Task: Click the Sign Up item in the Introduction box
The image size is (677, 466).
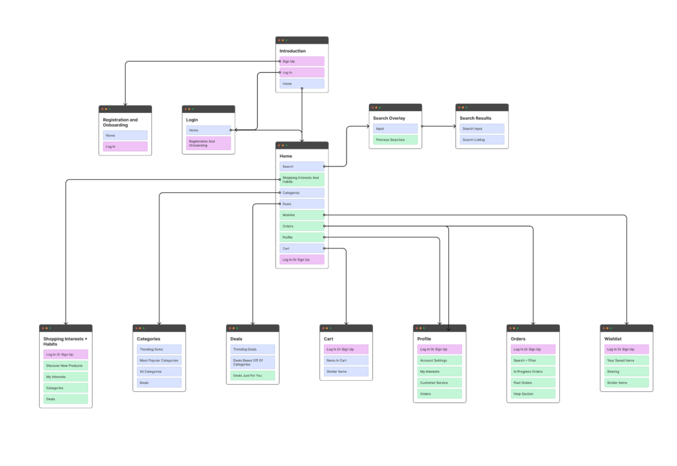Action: (x=301, y=61)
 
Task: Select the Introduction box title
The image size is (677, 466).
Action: (x=293, y=51)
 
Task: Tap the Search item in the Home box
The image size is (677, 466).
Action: (x=301, y=167)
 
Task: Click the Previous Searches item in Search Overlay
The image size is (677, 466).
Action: (x=395, y=139)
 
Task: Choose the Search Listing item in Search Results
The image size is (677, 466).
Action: (x=481, y=139)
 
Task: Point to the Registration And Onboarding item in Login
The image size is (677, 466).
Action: (x=208, y=143)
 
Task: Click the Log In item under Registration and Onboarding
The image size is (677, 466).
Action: (x=125, y=146)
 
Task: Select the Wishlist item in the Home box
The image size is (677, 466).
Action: (x=301, y=215)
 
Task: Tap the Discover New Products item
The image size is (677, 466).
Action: (x=65, y=366)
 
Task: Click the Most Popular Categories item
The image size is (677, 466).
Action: (x=159, y=360)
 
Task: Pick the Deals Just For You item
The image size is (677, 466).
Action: (x=252, y=375)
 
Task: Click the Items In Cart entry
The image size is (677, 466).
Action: (x=346, y=360)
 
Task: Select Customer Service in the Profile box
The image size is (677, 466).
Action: (x=439, y=383)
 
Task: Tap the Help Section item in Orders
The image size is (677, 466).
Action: (x=533, y=394)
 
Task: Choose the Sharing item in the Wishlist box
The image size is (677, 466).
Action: (x=626, y=371)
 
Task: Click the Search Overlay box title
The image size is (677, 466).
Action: (x=389, y=118)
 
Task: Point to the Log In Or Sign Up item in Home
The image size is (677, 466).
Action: (x=301, y=260)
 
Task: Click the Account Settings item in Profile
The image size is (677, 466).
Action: (x=439, y=360)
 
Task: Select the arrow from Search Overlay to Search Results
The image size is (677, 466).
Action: (x=439, y=126)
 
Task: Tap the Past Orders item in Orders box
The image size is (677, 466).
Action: (x=533, y=383)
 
